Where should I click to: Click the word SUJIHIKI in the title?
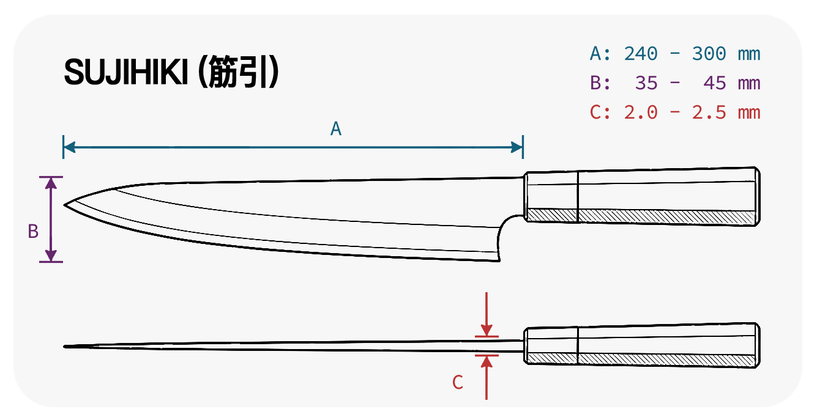(x=126, y=72)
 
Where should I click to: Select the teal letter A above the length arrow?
(x=336, y=129)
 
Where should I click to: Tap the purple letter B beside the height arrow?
(x=33, y=231)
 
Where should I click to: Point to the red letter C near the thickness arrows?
(x=458, y=383)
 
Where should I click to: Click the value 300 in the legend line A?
(x=709, y=54)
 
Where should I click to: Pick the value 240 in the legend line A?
(x=641, y=54)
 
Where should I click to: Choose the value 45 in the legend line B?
(x=714, y=83)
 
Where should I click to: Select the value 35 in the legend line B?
(x=646, y=83)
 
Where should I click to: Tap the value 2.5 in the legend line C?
(x=709, y=112)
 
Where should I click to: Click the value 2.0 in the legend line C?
(x=641, y=112)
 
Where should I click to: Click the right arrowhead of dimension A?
(x=517, y=147)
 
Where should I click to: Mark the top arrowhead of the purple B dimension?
(x=51, y=183)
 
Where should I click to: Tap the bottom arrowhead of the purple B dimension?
(x=51, y=256)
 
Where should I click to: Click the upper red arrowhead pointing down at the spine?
(x=487, y=330)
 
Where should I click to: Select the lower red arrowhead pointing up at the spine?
(x=487, y=361)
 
